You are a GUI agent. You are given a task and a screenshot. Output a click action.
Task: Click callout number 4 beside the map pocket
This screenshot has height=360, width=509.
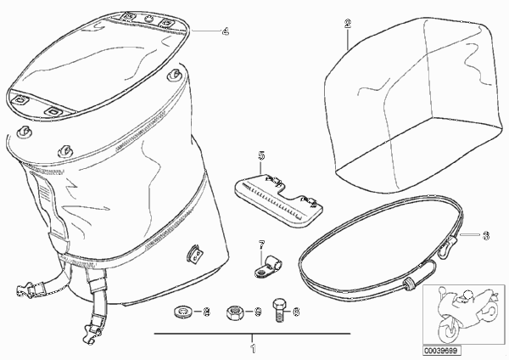(225, 32)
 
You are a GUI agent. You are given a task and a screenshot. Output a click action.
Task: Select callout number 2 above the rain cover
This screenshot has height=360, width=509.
(348, 24)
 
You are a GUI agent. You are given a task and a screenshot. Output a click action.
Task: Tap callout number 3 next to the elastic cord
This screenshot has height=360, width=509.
(486, 235)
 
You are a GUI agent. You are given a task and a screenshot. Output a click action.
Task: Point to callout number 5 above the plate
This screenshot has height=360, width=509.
(261, 155)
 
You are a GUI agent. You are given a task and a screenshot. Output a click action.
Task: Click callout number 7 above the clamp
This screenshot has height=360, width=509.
(261, 245)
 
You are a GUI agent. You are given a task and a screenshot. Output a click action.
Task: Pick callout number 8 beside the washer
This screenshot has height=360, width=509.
(206, 312)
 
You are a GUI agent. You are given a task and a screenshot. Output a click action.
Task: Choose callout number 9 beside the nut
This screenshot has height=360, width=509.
(257, 312)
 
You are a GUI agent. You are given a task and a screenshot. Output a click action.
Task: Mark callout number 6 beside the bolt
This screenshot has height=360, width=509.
(296, 312)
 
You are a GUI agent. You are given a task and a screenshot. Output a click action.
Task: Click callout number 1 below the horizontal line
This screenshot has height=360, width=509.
(253, 349)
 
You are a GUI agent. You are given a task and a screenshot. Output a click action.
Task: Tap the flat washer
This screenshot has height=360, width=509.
(182, 312)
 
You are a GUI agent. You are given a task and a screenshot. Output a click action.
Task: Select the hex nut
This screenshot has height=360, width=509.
(234, 312)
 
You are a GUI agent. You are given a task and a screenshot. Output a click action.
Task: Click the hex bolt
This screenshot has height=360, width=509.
(279, 310)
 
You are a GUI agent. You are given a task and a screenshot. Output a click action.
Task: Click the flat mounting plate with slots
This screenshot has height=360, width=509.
(278, 198)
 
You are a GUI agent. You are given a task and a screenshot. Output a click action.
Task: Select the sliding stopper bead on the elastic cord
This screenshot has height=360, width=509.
(410, 283)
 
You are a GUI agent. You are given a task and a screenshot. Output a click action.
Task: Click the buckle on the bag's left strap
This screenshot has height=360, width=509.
(25, 290)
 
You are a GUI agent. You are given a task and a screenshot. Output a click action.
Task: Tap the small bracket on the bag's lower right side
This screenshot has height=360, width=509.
(194, 252)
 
